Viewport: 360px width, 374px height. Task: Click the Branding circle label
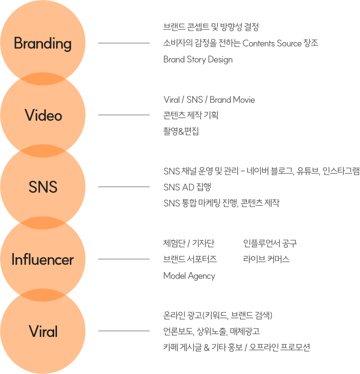click(43, 44)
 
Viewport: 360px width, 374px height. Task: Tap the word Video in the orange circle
click(43, 115)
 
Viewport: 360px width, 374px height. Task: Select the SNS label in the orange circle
click(43, 187)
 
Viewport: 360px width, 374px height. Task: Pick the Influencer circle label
click(43, 260)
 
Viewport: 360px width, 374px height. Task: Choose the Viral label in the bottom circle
click(43, 331)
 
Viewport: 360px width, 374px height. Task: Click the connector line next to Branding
click(124, 44)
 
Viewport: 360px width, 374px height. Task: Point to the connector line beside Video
click(124, 115)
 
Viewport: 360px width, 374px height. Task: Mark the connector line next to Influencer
click(124, 259)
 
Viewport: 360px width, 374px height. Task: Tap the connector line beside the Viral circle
click(124, 331)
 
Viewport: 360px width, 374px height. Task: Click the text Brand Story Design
click(198, 59)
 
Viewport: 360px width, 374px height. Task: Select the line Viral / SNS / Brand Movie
click(209, 100)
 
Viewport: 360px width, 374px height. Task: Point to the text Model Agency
click(189, 276)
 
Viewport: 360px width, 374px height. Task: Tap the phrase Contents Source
click(272, 44)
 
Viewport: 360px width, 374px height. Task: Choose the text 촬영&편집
click(181, 131)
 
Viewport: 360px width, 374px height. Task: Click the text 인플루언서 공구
click(270, 243)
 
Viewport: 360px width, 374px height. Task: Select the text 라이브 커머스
click(266, 259)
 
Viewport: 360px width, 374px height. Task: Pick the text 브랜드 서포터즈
click(190, 259)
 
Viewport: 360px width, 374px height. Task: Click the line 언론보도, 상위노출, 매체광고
click(211, 331)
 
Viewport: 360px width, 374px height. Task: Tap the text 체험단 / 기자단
click(189, 243)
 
